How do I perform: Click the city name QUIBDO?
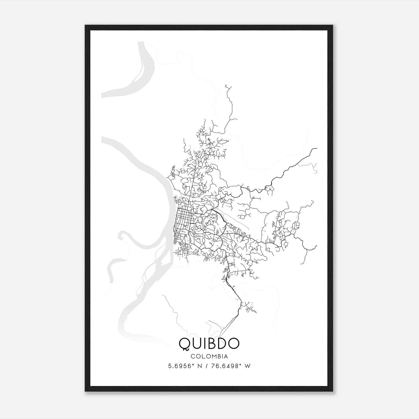209,343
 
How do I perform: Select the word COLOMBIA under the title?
209,356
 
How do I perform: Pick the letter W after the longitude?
247,366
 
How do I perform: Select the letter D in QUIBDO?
223,343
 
